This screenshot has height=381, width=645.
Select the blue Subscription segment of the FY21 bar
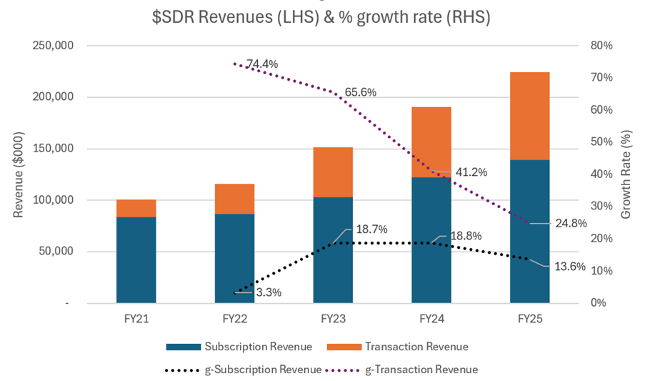pos(136,259)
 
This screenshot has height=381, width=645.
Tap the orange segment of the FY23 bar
pos(333,172)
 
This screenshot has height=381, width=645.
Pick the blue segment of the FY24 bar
pos(431,239)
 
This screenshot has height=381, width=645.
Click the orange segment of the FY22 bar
pos(234,199)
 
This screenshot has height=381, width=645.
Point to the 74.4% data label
pos(262,64)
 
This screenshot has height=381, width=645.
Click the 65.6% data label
pos(360,92)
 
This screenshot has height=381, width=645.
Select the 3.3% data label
pos(269,292)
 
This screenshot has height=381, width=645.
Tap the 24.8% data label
pos(571,223)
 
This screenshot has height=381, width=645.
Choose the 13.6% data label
pos(570,267)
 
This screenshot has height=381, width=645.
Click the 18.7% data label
pos(371,229)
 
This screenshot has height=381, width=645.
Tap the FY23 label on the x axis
pos(333,320)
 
